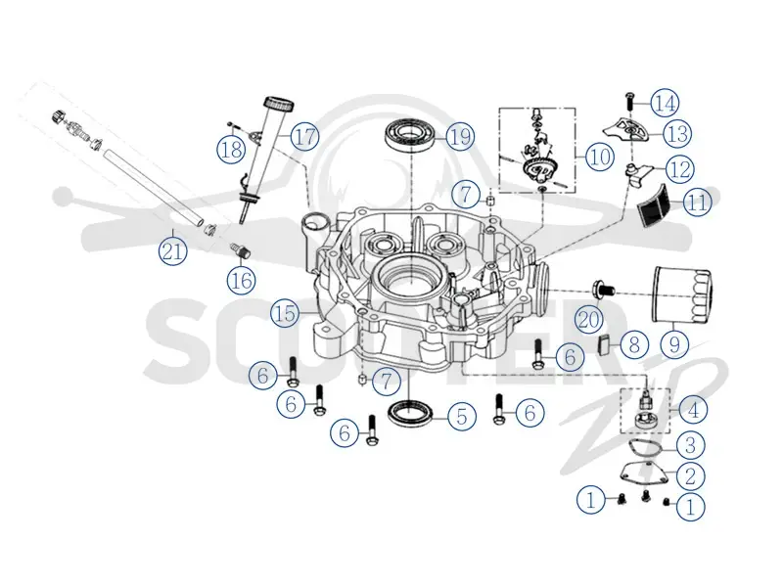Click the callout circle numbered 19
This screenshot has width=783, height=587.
pos(460,136)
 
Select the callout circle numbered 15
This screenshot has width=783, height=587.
pos(286,313)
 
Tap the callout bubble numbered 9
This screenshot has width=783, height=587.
pos(674,344)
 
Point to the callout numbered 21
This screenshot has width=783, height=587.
pos(172,250)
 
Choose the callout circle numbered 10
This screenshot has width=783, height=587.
pos(600,157)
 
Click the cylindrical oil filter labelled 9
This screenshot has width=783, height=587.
pos(682,294)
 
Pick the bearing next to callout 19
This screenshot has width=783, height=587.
pos(409,134)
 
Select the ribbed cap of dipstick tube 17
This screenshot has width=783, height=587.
pos(278,104)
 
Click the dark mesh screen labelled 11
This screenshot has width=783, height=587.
pos(655,205)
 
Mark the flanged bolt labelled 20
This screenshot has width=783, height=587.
pos(603,289)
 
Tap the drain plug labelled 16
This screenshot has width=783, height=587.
pos(240,250)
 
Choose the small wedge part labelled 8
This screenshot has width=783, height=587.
pos(605,344)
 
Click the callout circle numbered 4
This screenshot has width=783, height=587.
pos(693,410)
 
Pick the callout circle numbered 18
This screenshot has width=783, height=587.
pos(232,149)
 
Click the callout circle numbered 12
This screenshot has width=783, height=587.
pos(680,169)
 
